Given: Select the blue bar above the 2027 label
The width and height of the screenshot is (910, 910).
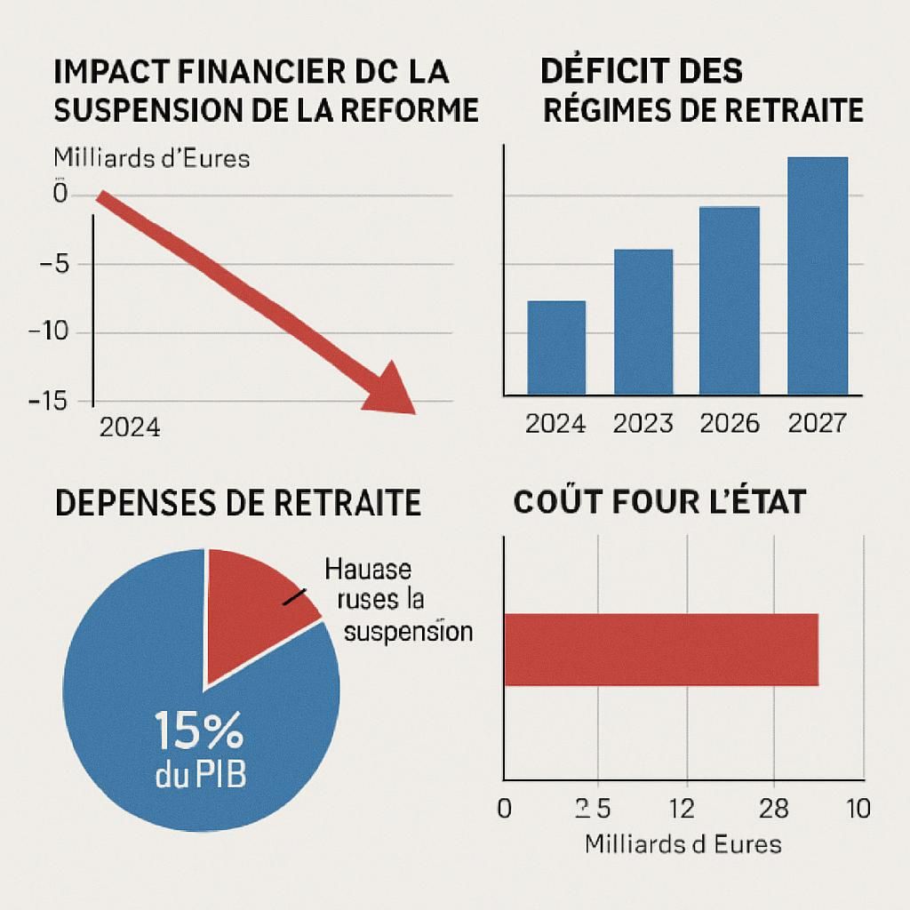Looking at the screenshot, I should pyautogui.click(x=818, y=275).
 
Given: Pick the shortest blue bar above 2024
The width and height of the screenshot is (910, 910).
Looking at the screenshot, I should pyautogui.click(x=556, y=347).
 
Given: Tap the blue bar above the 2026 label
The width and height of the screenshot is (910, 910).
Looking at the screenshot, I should pyautogui.click(x=730, y=299).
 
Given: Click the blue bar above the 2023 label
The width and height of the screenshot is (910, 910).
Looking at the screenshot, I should pyautogui.click(x=643, y=321).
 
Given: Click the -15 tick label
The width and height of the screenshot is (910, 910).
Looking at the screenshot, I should pyautogui.click(x=47, y=401).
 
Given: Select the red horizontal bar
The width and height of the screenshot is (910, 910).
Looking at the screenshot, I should pyautogui.click(x=660, y=649).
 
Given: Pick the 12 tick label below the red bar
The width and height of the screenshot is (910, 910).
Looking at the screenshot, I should pyautogui.click(x=681, y=809).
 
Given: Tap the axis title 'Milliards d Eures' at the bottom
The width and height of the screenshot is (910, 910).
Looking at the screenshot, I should pyautogui.click(x=682, y=843).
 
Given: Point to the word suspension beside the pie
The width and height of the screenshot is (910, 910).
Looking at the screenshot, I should pyautogui.click(x=408, y=633).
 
